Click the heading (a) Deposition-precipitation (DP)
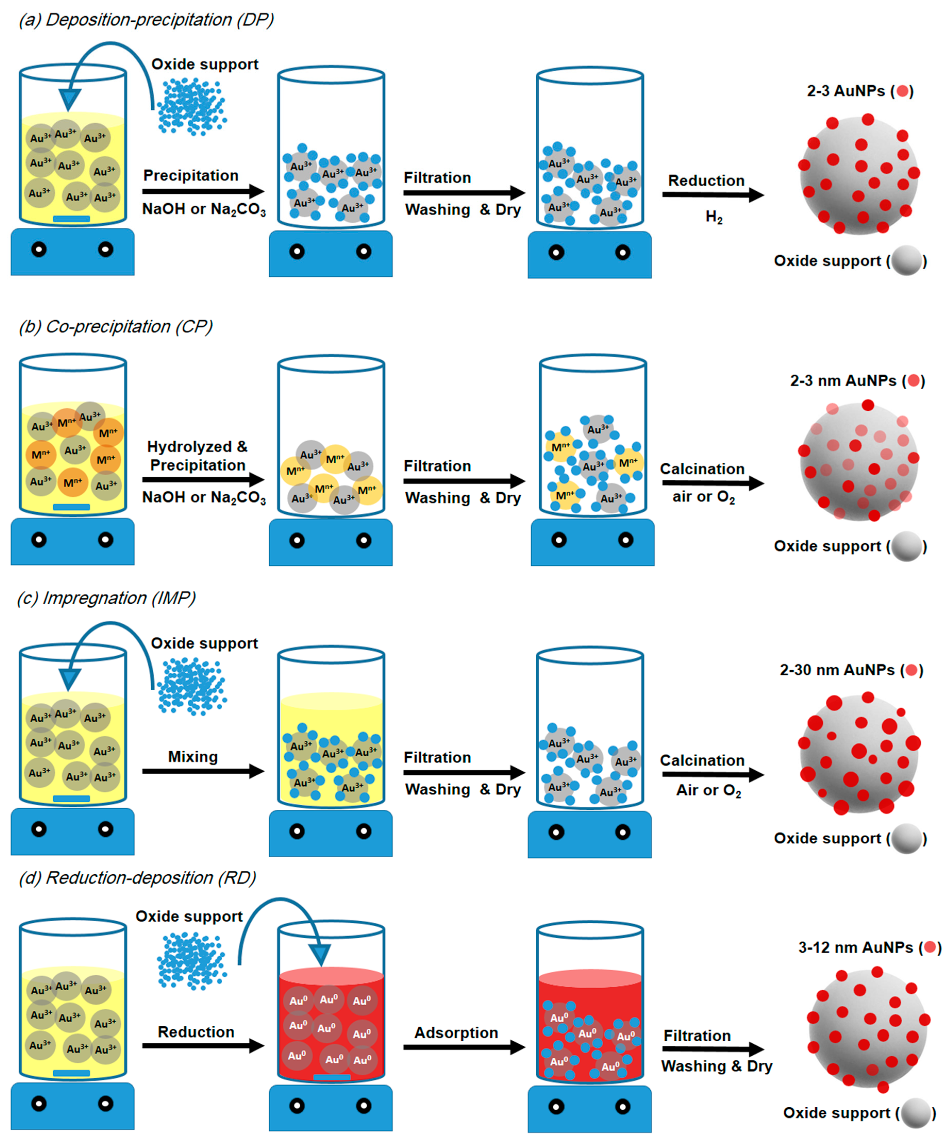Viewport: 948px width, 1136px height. point(146,20)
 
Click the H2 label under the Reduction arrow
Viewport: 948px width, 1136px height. point(714,217)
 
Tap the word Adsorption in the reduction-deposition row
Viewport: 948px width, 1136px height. point(456,1033)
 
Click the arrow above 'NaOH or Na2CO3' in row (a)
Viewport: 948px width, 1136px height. point(203,191)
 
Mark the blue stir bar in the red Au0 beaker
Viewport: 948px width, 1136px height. point(331,1078)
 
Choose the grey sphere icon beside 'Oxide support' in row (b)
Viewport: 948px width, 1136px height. point(906,546)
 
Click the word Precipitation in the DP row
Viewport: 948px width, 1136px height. point(190,176)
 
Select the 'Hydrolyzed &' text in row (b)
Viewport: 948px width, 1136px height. point(197,447)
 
